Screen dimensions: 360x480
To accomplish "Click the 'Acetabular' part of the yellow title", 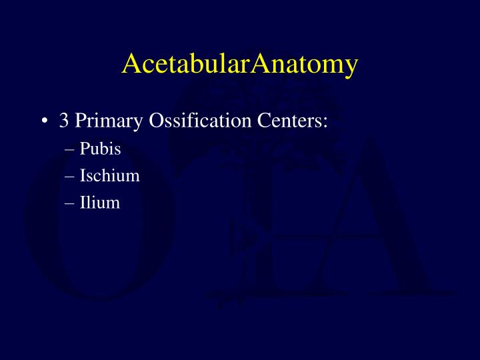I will pyautogui.click(x=188, y=65).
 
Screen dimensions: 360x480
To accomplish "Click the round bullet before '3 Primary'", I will pyautogui.click(x=44, y=121).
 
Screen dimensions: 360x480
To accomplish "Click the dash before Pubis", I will pyautogui.click(x=72, y=150).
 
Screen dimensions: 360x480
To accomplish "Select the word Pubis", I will pyautogui.click(x=100, y=149).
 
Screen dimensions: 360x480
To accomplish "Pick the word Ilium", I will pyautogui.click(x=100, y=203).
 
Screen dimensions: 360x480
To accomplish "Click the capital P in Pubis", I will pyautogui.click(x=84, y=149).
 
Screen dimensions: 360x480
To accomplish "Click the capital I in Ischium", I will pyautogui.click(x=83, y=176).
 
